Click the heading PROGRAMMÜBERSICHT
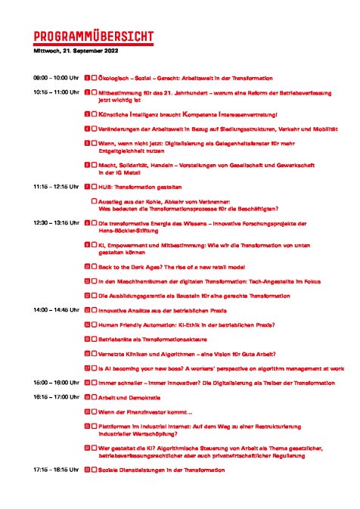[x=94, y=37]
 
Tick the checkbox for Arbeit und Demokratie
[x=95, y=397]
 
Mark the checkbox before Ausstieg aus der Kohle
[x=95, y=201]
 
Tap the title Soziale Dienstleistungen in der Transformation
[x=162, y=470]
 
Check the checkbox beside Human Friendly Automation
[x=95, y=324]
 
